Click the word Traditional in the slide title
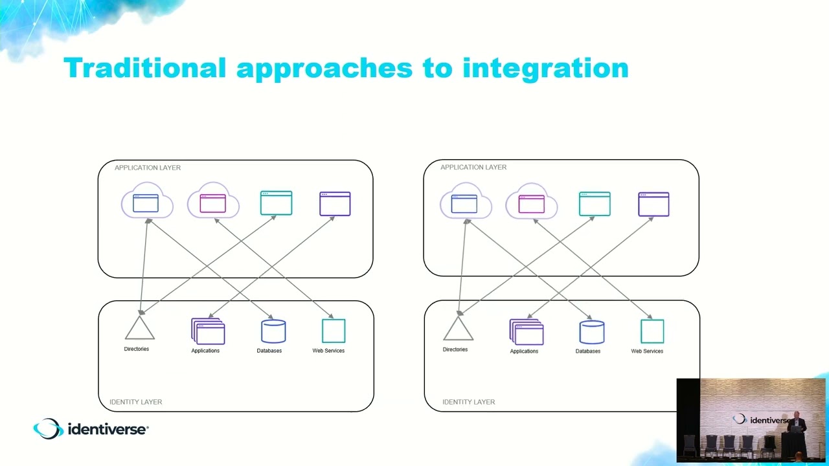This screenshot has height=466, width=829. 144,68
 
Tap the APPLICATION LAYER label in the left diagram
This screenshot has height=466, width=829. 148,168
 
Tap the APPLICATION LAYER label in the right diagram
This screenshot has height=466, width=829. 473,167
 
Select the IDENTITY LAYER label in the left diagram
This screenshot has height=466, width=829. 135,402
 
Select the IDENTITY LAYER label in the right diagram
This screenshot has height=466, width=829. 468,402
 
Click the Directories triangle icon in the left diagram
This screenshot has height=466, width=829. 139,329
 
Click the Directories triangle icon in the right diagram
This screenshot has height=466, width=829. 458,329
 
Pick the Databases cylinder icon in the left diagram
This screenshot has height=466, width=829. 273,331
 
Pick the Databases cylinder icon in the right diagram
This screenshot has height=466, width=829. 591,331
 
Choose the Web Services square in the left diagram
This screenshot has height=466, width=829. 334,331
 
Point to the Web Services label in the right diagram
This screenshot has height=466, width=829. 647,351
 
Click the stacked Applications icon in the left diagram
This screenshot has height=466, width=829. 208,331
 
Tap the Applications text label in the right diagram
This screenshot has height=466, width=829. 524,351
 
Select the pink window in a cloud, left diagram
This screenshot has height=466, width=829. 213,203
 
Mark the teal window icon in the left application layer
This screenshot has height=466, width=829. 276,203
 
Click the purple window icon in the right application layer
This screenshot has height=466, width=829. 653,204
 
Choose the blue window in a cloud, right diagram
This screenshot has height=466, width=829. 465,203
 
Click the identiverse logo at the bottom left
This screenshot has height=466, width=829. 91,428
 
